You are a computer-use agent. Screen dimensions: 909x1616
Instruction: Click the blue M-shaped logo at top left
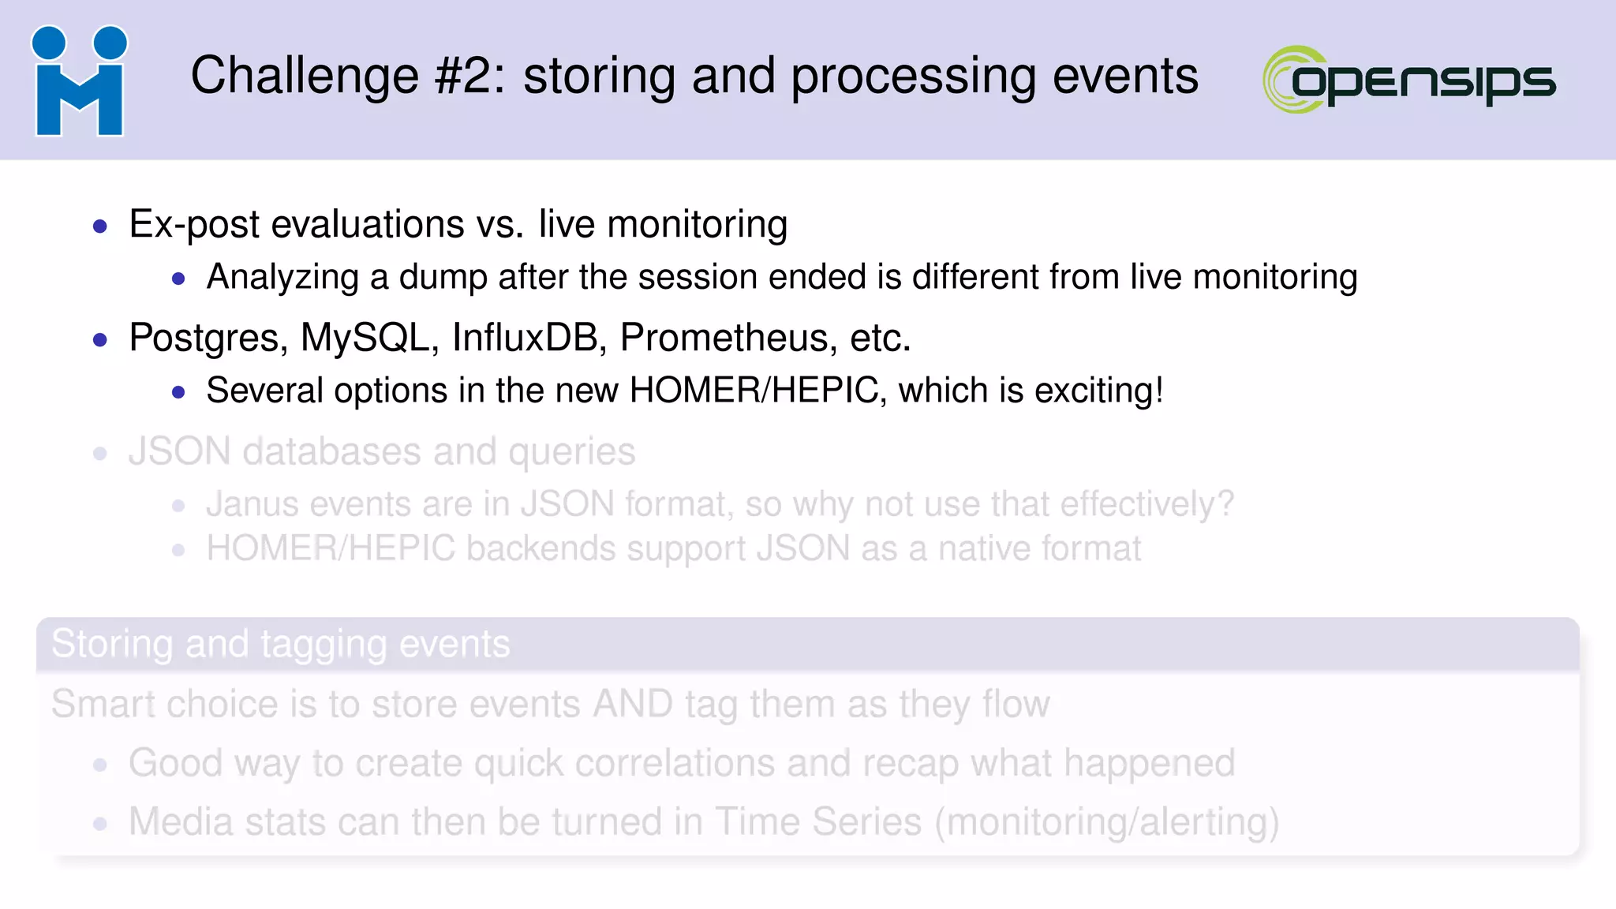pyautogui.click(x=79, y=81)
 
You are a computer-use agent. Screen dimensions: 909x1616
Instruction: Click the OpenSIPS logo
pyautogui.click(x=1409, y=80)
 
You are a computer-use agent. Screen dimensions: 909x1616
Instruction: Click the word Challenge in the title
pyautogui.click(x=305, y=77)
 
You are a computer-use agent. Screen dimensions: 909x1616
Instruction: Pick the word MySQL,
pyautogui.click(x=369, y=339)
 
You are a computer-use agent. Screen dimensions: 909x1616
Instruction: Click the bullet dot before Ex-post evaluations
pyautogui.click(x=100, y=227)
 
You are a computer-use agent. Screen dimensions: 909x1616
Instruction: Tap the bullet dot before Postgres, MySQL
pyautogui.click(x=100, y=341)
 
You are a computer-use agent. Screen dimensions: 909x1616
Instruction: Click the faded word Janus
pyautogui.click(x=252, y=504)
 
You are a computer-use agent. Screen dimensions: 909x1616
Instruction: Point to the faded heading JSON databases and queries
pyautogui.click(x=382, y=452)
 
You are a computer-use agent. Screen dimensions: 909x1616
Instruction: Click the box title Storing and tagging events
pyautogui.click(x=281, y=644)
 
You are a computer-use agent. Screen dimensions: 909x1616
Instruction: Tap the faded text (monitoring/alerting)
pyautogui.click(x=1107, y=822)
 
